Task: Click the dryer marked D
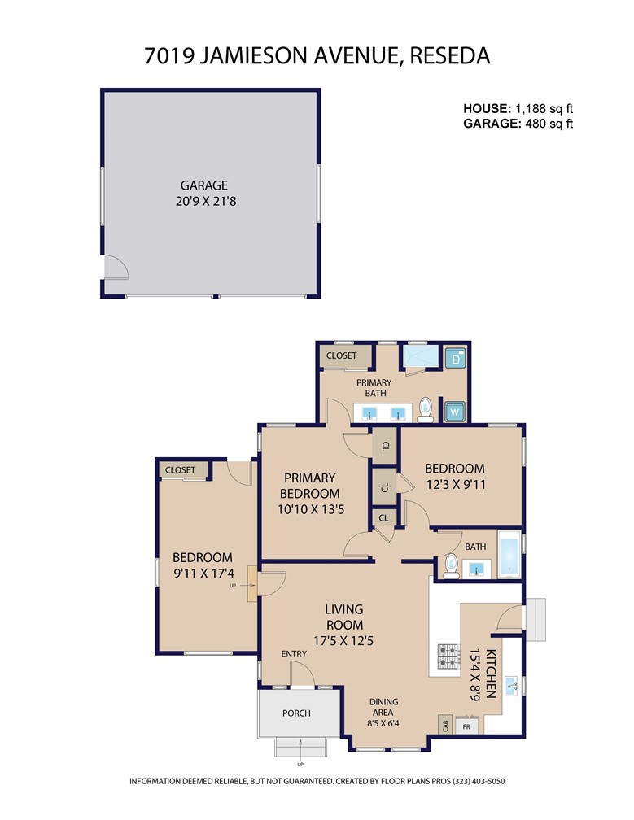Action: coord(455,359)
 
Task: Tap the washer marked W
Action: coord(455,411)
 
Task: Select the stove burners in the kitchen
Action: coord(448,656)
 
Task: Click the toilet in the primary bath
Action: coord(426,410)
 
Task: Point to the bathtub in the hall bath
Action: coord(509,554)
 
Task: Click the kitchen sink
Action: coord(511,685)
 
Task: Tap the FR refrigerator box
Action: coord(466,726)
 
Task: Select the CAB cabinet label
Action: coord(446,726)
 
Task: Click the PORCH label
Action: coord(296,713)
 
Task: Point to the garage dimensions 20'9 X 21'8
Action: coord(206,201)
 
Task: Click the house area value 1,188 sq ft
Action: coord(544,109)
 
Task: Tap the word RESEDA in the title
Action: coord(450,55)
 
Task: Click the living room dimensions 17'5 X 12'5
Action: coord(343,640)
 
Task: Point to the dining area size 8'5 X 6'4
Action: coord(383,724)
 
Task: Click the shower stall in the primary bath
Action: coord(419,356)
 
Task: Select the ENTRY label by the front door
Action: coord(294,654)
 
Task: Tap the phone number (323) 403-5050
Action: coord(479,781)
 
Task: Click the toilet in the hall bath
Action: coord(452,567)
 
